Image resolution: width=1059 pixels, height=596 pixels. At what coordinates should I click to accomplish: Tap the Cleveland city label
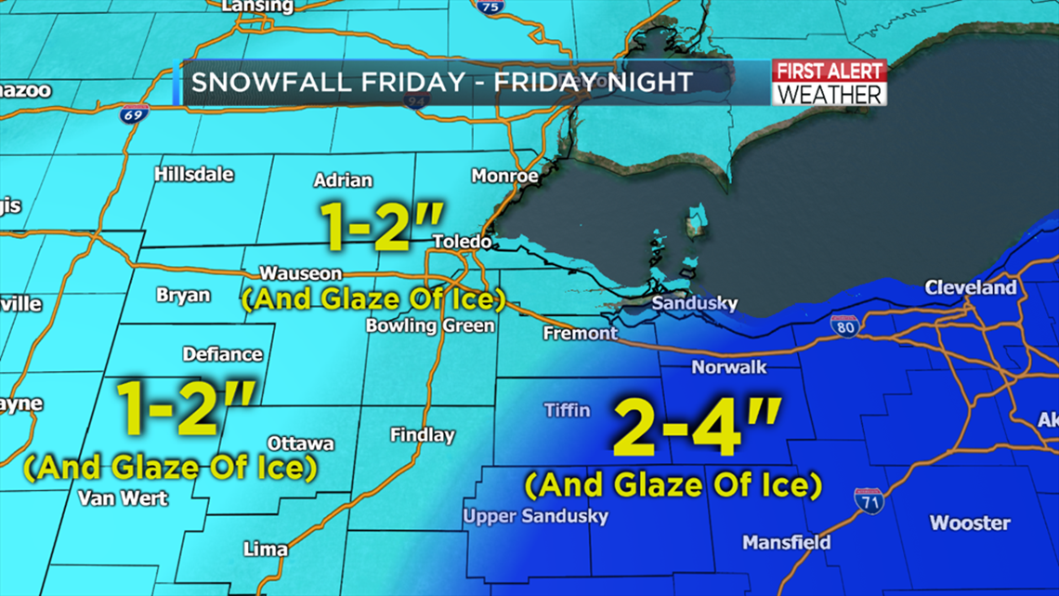[x=971, y=288]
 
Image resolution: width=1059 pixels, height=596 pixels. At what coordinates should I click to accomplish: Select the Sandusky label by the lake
[x=694, y=304]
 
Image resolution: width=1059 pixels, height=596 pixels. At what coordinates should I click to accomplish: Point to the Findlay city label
[x=423, y=434]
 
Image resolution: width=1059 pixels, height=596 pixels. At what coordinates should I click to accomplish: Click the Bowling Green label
[x=430, y=326]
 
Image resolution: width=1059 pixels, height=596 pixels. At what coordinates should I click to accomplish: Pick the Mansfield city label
[x=786, y=542]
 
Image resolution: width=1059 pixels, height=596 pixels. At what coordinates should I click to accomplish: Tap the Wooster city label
[x=970, y=523]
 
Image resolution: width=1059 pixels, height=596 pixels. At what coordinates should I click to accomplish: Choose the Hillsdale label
[x=194, y=174]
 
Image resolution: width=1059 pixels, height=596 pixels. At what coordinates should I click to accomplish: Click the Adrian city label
[x=343, y=180]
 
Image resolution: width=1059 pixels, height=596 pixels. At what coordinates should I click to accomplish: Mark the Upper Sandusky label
[x=536, y=517]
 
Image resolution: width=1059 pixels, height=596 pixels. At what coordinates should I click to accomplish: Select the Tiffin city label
[x=567, y=410]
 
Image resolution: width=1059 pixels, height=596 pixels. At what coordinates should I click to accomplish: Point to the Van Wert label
[x=123, y=498]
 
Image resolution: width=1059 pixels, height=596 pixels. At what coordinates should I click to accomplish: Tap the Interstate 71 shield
[x=869, y=500]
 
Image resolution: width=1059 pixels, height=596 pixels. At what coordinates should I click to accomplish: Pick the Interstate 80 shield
[x=843, y=325]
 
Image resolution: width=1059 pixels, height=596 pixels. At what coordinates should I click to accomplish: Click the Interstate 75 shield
[x=489, y=7]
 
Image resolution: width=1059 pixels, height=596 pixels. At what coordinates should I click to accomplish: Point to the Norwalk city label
[x=729, y=367]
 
